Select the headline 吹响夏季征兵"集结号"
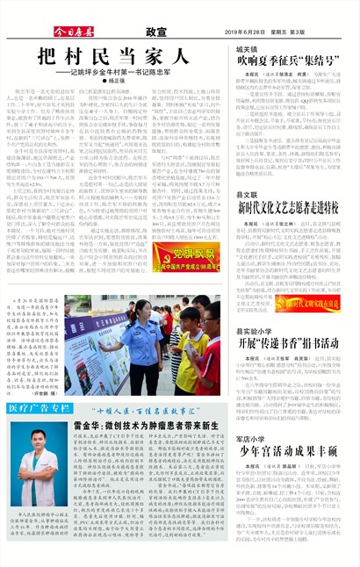(x=291, y=63)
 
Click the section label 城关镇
(x=248, y=49)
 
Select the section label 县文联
(x=247, y=194)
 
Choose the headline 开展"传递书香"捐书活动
(x=291, y=342)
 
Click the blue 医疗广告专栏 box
(x=40, y=408)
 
